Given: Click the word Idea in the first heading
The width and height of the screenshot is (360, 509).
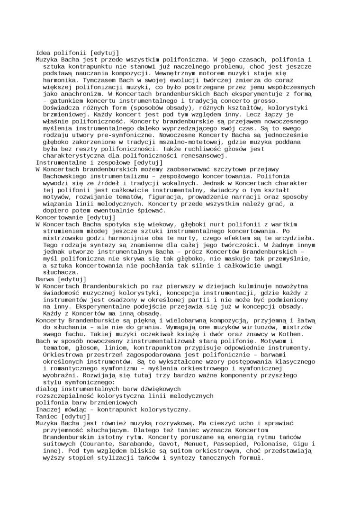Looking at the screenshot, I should click(x=44, y=53).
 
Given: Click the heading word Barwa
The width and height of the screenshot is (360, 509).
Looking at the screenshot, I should click(x=45, y=279).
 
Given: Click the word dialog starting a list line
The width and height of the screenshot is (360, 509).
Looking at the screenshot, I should click(x=47, y=388).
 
